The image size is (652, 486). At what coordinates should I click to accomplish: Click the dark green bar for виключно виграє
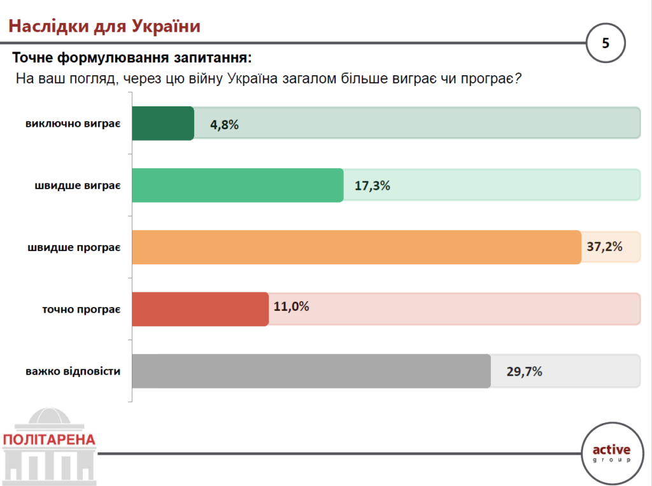(163, 123)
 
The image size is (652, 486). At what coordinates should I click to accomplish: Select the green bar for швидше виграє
(237, 185)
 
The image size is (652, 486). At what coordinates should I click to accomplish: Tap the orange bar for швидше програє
(357, 247)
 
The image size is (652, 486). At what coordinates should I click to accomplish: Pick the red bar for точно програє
(200, 309)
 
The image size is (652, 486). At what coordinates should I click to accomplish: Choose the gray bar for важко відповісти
(311, 371)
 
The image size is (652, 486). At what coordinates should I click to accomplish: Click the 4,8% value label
(224, 125)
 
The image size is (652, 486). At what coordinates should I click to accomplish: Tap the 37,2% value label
(604, 247)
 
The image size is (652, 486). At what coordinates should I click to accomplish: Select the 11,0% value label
(292, 306)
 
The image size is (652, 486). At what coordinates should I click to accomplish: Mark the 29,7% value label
(525, 372)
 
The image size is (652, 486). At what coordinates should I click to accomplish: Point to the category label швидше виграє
(78, 185)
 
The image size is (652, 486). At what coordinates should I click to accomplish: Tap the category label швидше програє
(74, 247)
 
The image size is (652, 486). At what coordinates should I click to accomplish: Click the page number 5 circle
(606, 43)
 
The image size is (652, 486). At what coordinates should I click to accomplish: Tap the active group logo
(611, 453)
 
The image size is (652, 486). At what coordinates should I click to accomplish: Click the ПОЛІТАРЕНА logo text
(49, 440)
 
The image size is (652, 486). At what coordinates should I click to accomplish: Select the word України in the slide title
(166, 26)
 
